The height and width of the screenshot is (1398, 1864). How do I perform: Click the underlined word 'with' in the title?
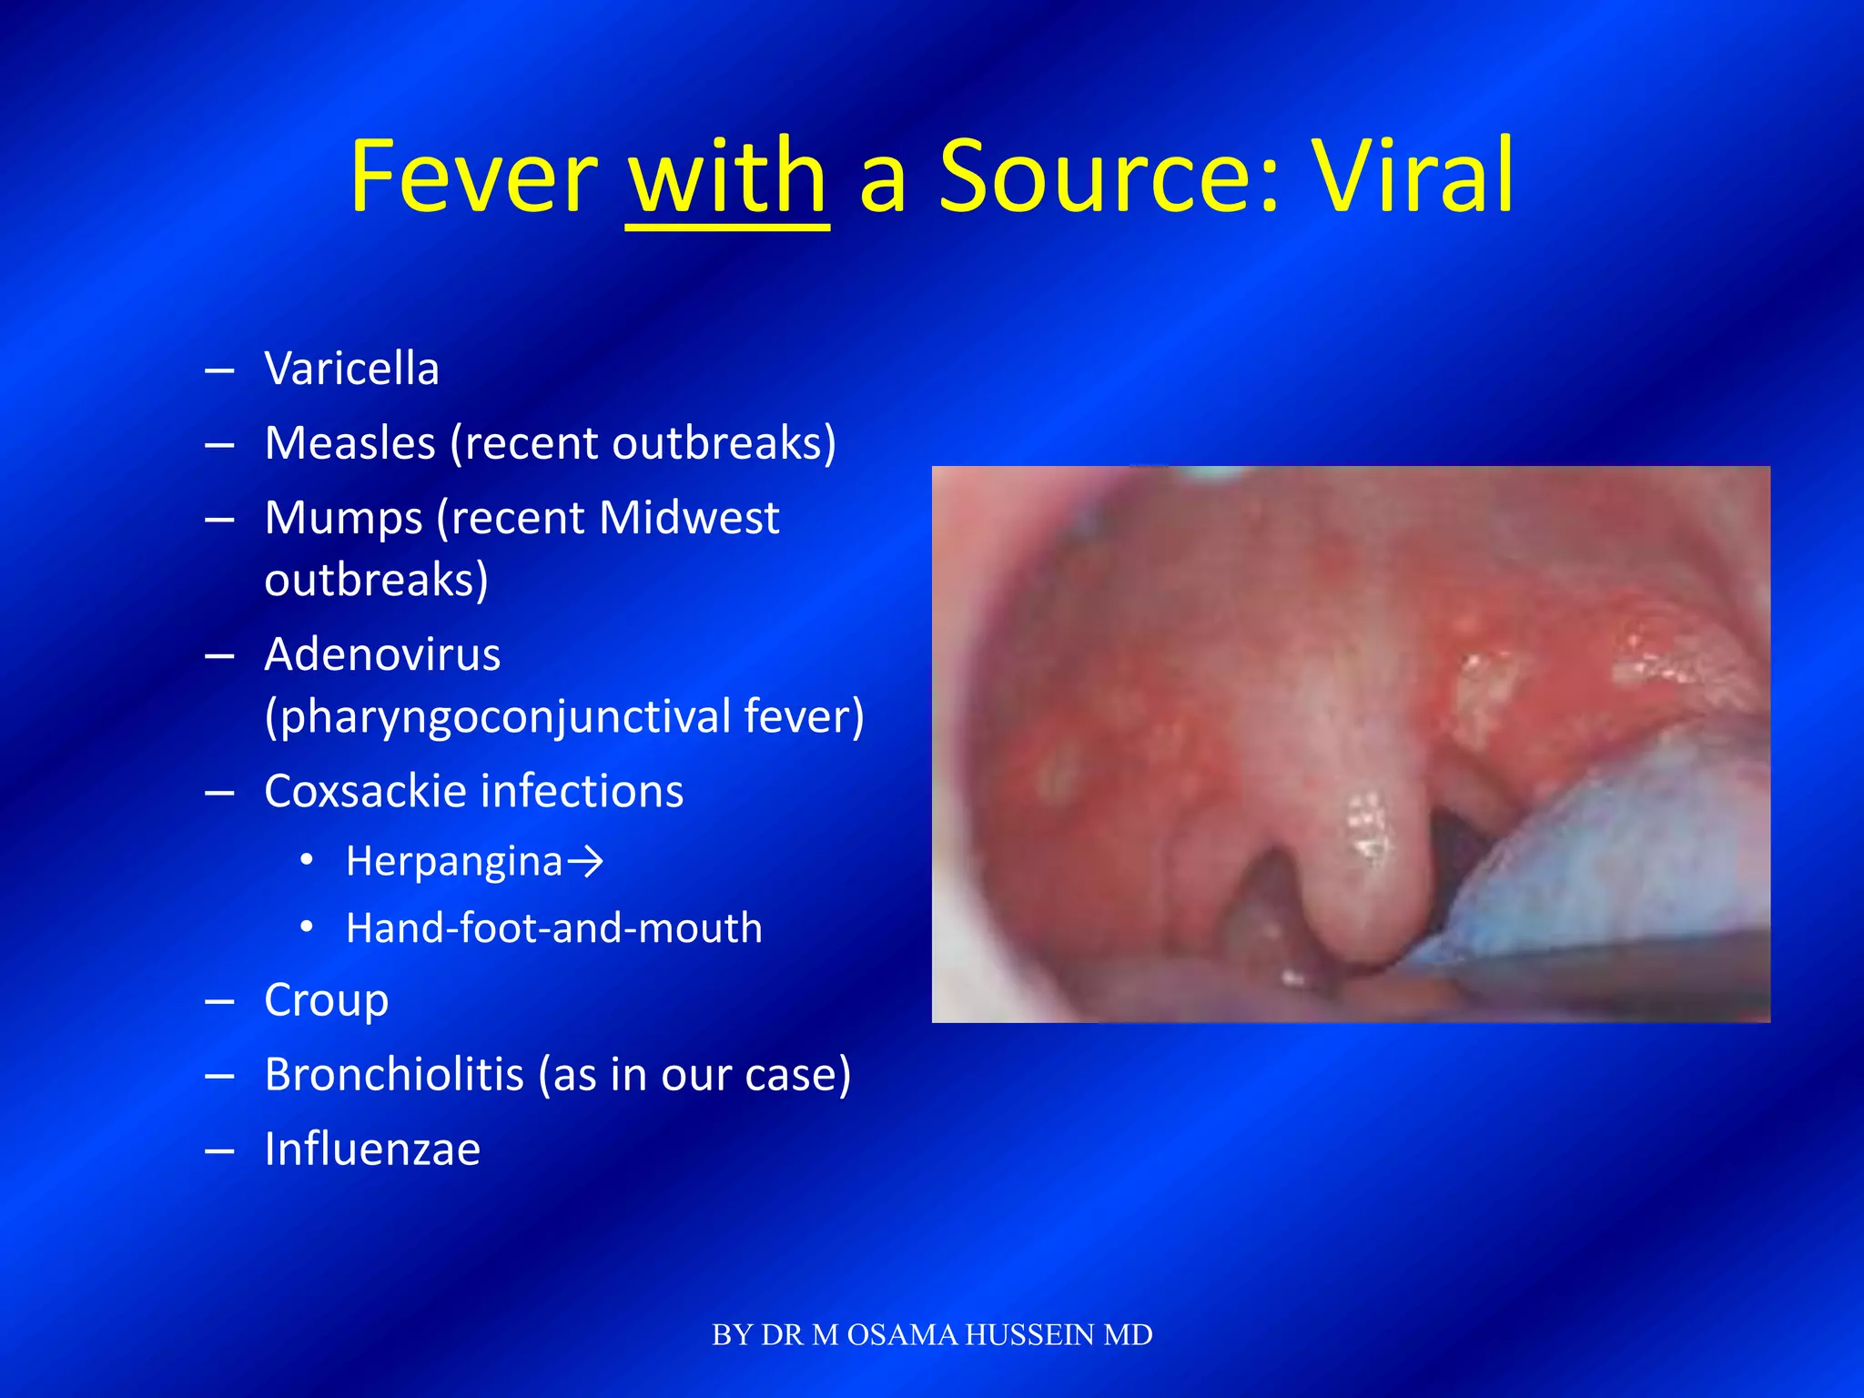[x=727, y=177]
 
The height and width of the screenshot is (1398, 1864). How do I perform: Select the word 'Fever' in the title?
[x=473, y=177]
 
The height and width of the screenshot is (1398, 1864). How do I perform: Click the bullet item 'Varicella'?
[x=351, y=369]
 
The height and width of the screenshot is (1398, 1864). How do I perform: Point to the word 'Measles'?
[x=349, y=443]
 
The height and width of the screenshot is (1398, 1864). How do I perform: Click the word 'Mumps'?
[x=343, y=518]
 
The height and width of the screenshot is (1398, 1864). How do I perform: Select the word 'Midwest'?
[x=689, y=518]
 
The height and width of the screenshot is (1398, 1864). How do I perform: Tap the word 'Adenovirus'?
[x=382, y=654]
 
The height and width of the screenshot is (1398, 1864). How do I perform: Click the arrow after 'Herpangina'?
[x=584, y=861]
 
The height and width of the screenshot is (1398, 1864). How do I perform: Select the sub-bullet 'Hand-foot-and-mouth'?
[x=553, y=928]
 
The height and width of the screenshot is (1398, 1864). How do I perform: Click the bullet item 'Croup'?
[x=326, y=1000]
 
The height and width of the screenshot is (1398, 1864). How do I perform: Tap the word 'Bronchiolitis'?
[x=394, y=1075]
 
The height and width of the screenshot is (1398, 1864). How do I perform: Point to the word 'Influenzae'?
[x=371, y=1149]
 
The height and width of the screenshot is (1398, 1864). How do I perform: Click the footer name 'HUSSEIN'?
[x=1029, y=1335]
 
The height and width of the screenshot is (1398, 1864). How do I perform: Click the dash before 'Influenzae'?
[x=219, y=1151]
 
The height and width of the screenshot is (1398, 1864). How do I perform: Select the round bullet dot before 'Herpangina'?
[x=308, y=860]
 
